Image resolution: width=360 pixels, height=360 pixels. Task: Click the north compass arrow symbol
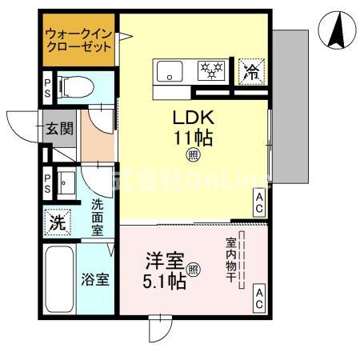[338, 30]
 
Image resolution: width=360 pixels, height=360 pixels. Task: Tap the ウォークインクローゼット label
[78, 40]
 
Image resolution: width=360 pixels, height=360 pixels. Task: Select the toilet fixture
[77, 85]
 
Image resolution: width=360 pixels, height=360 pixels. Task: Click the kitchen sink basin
[170, 70]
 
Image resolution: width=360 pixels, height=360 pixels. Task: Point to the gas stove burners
[213, 70]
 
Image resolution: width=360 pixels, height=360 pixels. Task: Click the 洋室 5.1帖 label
[165, 270]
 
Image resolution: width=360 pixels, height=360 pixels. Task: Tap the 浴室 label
[97, 280]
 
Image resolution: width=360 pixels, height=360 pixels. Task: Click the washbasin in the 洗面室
[66, 184]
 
